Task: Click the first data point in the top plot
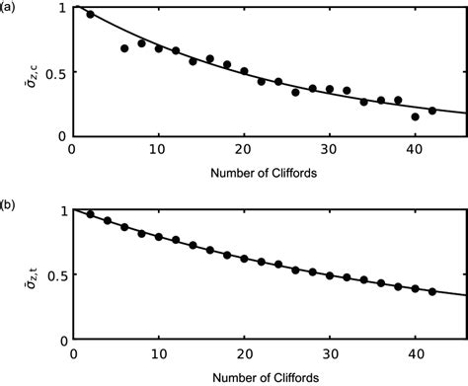[x=91, y=15]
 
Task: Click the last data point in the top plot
[x=432, y=111]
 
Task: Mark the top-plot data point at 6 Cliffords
[x=124, y=48]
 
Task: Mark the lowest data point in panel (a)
[x=416, y=116]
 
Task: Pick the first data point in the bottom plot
[x=91, y=214]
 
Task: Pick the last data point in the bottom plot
[x=432, y=291]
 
